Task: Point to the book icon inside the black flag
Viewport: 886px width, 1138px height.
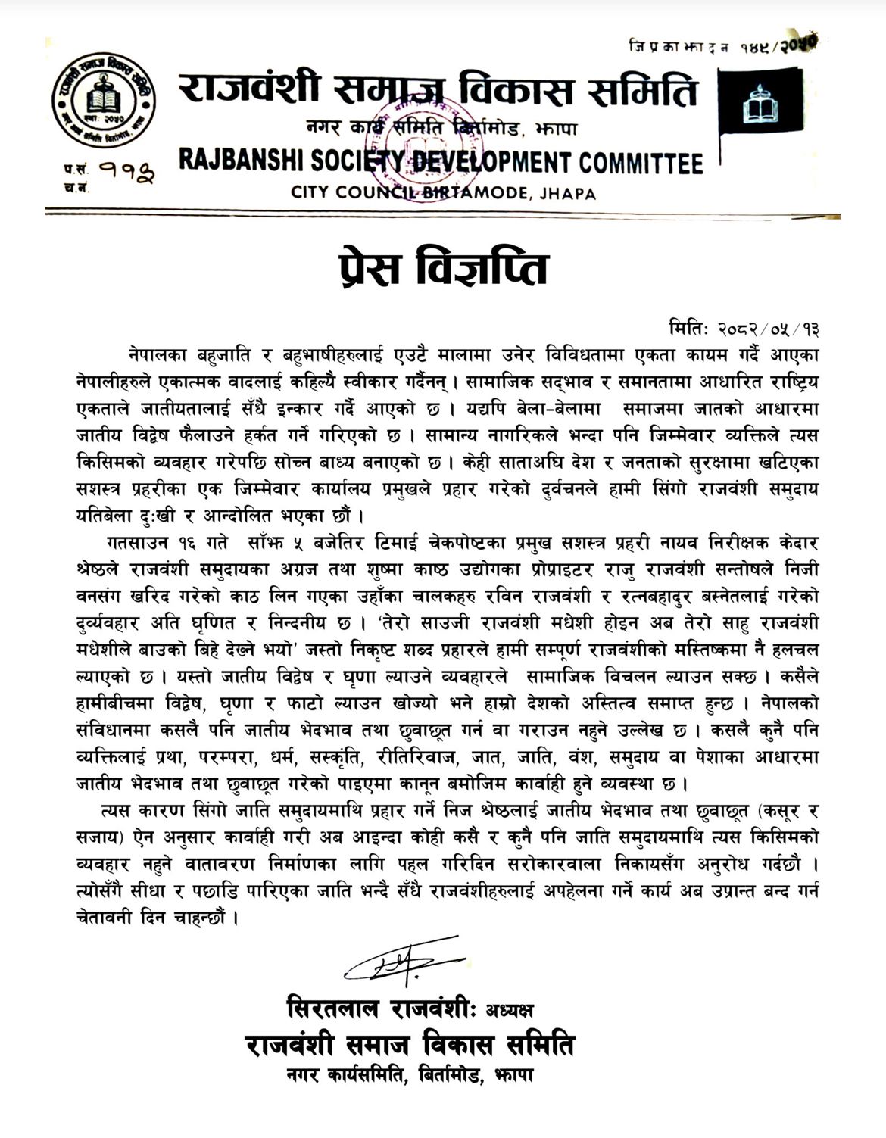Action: pos(764,108)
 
